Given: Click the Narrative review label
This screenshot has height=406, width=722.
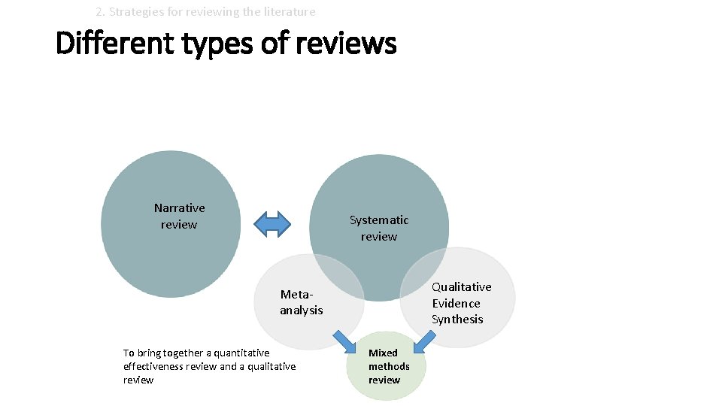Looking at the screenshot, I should click(179, 217).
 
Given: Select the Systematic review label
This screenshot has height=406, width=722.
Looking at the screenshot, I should click(379, 228).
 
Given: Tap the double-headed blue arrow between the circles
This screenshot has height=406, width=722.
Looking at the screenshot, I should click(272, 223).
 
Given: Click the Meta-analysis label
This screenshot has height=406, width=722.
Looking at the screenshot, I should click(302, 302).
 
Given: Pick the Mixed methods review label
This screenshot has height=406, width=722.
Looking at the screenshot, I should click(388, 366).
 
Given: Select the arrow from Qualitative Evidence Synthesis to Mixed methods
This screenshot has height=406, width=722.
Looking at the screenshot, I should click(426, 341).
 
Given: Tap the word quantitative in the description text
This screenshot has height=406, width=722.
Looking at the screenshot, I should click(242, 353).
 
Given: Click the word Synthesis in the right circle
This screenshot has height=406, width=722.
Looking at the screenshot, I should click(457, 320).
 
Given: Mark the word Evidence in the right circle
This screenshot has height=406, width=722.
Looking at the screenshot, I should click(456, 303).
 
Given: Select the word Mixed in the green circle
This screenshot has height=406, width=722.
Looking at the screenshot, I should click(383, 353).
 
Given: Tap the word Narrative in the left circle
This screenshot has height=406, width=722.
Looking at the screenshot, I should click(179, 208).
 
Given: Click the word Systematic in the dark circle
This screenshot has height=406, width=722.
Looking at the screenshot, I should click(379, 220).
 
